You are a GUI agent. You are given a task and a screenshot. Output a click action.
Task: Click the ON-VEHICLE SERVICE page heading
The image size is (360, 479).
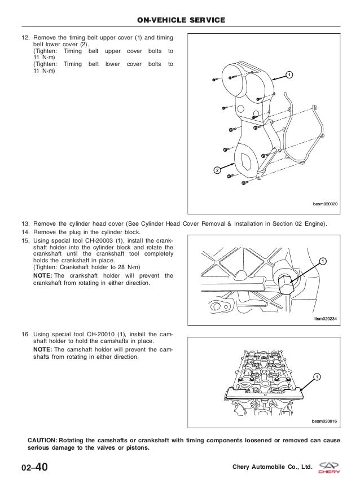tap(181, 20)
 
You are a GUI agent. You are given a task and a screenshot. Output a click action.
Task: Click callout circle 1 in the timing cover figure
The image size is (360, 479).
tap(288, 75)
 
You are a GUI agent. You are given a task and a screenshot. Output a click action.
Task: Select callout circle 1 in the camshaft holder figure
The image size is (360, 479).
tap(317, 376)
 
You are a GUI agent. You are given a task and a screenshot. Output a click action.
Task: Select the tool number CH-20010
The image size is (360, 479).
tap(91, 334)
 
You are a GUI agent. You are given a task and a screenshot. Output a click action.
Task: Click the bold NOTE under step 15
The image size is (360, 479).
tap(42, 275)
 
